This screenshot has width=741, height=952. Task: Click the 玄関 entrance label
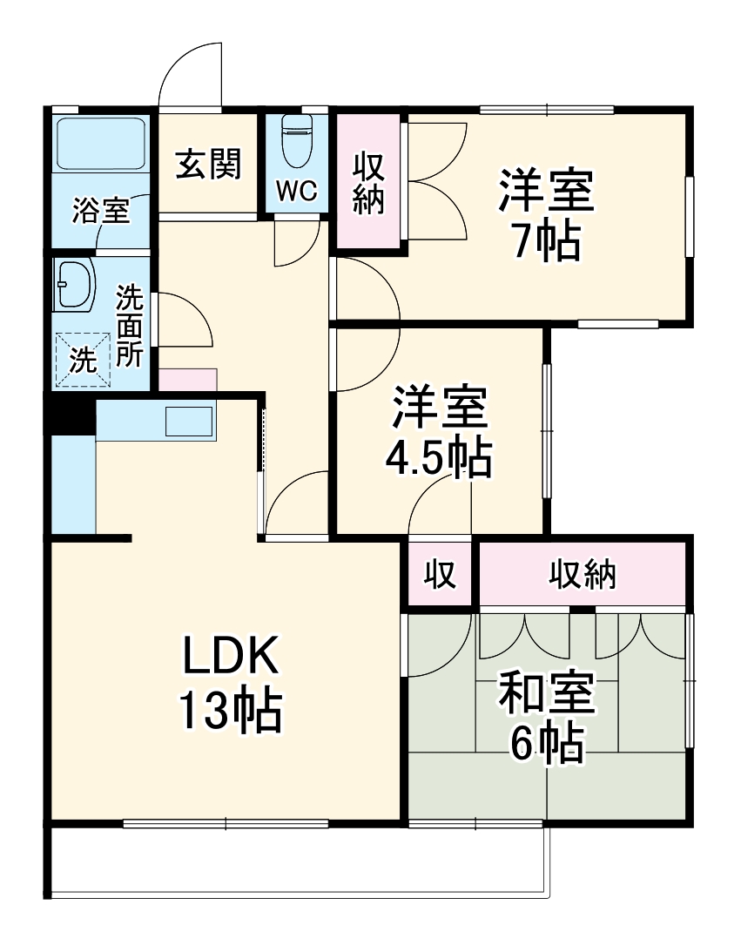(208, 164)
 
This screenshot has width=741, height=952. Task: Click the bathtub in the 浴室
(100, 145)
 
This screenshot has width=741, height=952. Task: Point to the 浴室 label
(100, 210)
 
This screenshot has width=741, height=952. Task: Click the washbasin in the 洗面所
(76, 284)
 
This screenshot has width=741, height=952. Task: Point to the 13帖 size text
(230, 710)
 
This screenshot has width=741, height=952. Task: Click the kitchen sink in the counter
(190, 422)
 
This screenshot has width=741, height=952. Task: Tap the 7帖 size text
(545, 241)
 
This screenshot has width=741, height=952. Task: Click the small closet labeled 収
(441, 574)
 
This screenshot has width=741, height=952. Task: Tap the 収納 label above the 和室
(582, 574)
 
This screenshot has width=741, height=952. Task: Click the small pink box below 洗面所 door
(187, 380)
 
